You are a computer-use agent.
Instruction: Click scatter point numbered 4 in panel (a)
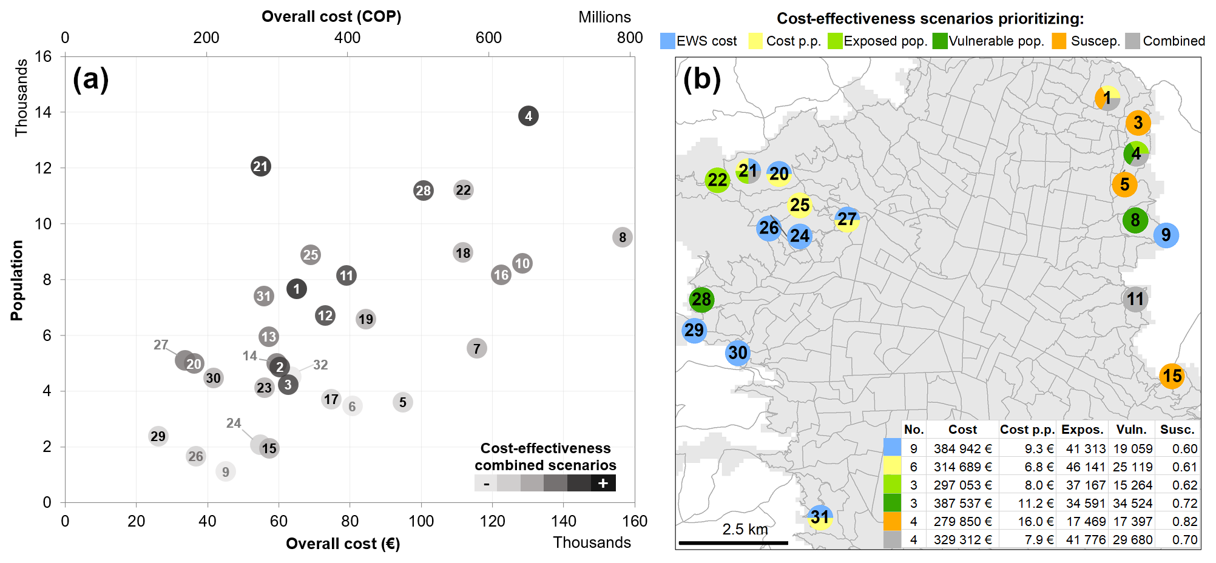click(528, 116)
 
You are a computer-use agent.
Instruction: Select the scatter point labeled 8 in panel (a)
click(622, 237)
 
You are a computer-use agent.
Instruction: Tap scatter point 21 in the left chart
click(260, 166)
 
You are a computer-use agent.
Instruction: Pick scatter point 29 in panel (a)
click(158, 436)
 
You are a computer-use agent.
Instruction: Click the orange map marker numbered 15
click(1172, 376)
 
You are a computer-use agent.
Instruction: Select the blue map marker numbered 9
click(1166, 235)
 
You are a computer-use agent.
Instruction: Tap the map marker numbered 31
click(820, 517)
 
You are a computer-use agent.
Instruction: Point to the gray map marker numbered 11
click(1135, 299)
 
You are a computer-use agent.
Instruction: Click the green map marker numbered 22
click(717, 180)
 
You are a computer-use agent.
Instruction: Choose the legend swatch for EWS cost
click(667, 41)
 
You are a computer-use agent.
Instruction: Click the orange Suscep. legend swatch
click(1059, 41)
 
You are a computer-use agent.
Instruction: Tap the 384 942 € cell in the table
click(962, 449)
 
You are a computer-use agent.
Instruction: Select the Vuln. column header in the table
click(1131, 430)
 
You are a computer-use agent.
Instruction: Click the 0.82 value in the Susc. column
click(1184, 522)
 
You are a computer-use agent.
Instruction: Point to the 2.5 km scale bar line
click(733, 542)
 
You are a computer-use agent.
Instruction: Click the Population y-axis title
click(17, 280)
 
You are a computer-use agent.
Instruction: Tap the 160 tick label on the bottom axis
click(634, 521)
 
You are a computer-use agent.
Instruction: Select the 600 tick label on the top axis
click(488, 38)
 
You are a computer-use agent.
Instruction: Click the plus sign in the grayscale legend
click(603, 484)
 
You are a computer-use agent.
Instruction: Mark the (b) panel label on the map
click(701, 79)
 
